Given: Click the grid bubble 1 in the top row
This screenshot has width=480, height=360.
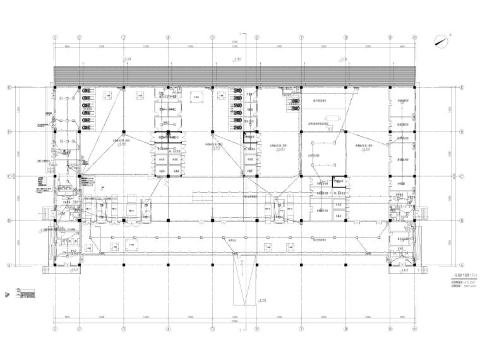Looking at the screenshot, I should pyautogui.click(x=56, y=37).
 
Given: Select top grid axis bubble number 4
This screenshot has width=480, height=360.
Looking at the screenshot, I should pyautogui.click(x=168, y=37).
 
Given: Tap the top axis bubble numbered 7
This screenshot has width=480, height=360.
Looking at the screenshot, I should pyautogui.click(x=301, y=37).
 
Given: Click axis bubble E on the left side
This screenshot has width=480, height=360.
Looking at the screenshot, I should pyautogui.click(x=9, y=87).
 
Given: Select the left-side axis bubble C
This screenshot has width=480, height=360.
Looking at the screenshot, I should pyautogui.click(x=9, y=176).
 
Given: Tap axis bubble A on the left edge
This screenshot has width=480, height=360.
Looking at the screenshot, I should pyautogui.click(x=9, y=265).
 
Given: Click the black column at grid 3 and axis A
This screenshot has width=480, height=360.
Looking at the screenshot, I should pyautogui.click(x=123, y=263).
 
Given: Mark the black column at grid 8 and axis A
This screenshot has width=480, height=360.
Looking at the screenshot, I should pyautogui.click(x=346, y=263).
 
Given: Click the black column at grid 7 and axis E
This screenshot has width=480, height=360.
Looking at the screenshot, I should pyautogui.click(x=301, y=87).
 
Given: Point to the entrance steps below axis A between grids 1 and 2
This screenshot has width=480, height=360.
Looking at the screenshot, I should pyautogui.click(x=67, y=271).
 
